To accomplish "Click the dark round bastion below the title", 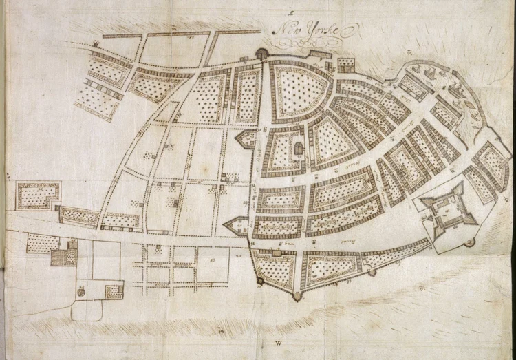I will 262,54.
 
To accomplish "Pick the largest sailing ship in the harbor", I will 457,89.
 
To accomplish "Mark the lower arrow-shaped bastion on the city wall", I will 236,224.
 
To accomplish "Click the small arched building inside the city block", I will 299,148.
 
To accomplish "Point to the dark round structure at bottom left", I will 80,292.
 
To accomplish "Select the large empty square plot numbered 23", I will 213,264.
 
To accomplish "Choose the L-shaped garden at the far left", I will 38,195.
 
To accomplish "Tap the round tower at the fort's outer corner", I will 471,242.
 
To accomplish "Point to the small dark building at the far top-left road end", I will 96,43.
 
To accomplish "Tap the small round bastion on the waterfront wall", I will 372,273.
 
